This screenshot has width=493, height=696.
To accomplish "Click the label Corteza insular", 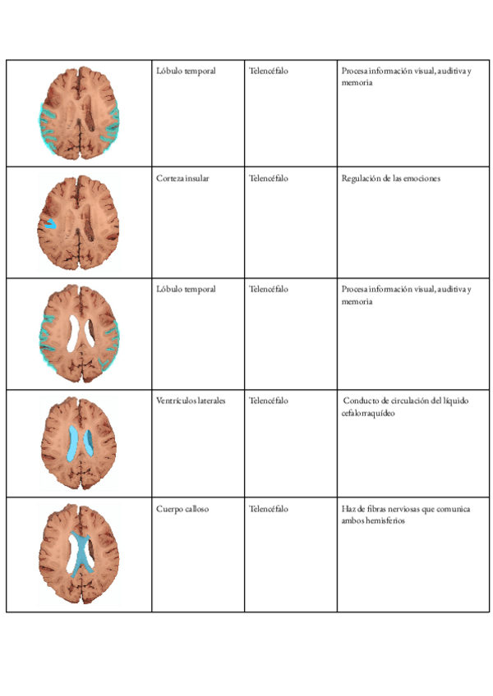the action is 182,179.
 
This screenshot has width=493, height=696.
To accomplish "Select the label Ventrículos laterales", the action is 191,401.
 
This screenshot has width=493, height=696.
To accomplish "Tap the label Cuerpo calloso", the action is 182,510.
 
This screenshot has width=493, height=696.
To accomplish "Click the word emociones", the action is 419,179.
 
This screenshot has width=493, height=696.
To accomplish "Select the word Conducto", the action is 362,401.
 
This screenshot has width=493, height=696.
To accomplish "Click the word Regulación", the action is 360,179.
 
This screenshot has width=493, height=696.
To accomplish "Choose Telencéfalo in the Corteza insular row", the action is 269,179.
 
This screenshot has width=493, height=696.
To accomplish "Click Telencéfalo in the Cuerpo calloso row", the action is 269,510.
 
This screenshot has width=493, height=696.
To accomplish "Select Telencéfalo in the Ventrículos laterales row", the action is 269,401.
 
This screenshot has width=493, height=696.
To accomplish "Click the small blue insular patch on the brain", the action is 49,222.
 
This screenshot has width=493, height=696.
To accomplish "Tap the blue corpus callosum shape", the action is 81,554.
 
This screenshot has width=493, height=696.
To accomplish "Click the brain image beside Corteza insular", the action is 79,222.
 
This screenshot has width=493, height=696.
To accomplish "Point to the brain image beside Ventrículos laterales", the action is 79,443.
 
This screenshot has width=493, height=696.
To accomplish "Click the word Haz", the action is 347,510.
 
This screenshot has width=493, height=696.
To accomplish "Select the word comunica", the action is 454,510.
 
